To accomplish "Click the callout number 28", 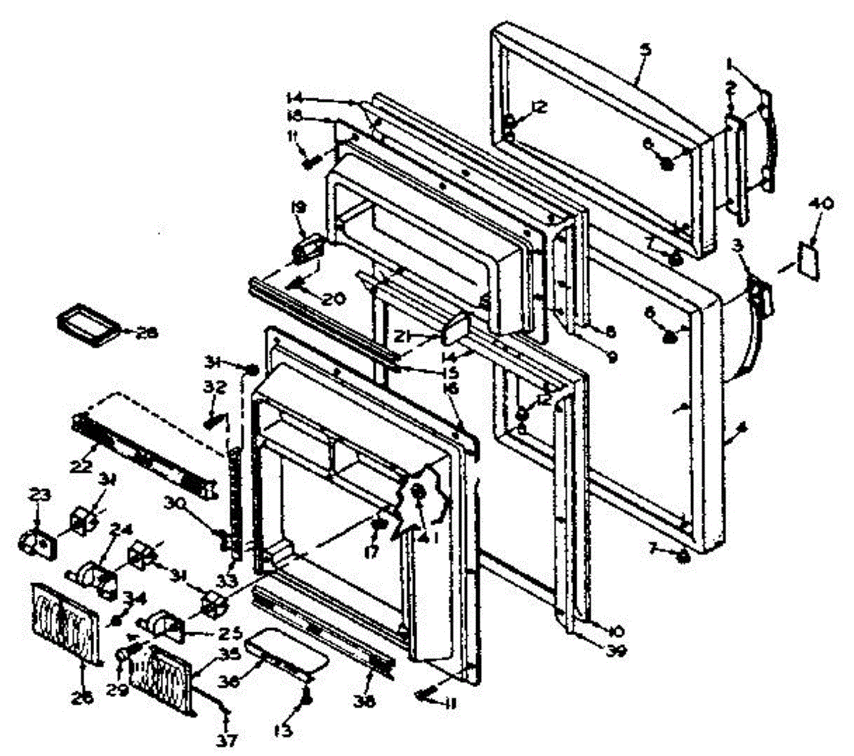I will point(149,332).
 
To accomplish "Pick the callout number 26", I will point(82,699).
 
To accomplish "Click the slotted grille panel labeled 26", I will point(62,619).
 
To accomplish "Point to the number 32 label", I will point(215,389).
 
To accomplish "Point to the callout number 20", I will point(332,299).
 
